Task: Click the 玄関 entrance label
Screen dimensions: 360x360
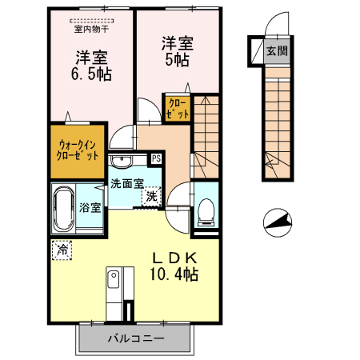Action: click(277, 50)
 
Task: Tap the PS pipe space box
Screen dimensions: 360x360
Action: click(157, 158)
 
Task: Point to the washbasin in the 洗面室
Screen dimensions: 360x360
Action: click(122, 161)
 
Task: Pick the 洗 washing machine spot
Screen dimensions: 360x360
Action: click(151, 197)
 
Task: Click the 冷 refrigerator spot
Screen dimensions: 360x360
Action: click(62, 250)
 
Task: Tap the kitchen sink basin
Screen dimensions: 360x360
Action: click(114, 279)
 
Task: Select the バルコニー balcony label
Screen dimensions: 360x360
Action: click(136, 338)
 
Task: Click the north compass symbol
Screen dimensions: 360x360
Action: click(278, 222)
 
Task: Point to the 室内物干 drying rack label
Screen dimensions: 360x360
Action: click(91, 29)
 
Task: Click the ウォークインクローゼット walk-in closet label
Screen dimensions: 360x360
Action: click(78, 150)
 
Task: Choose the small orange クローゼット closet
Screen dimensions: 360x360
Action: click(178, 109)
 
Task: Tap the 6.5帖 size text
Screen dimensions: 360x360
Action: click(91, 74)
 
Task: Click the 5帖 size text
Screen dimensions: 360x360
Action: click(177, 60)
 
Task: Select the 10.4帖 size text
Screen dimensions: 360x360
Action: click(174, 274)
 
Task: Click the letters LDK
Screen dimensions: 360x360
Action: click(174, 258)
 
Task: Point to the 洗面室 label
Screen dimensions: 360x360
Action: click(127, 183)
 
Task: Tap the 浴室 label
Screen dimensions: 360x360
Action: click(90, 207)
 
